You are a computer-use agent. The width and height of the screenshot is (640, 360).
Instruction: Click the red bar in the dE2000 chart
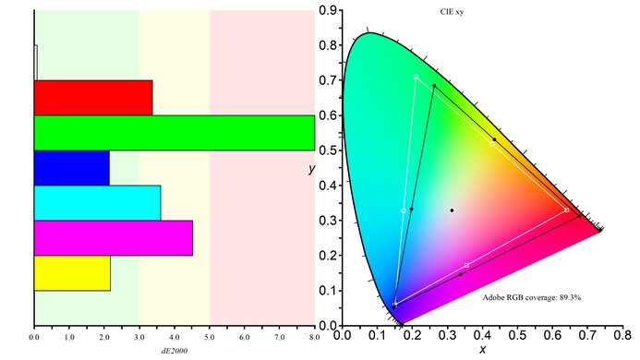92,98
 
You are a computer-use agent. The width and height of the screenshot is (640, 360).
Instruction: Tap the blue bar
71,167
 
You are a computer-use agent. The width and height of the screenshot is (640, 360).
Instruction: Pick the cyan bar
97,203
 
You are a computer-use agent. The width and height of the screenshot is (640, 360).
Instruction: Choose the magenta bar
113,237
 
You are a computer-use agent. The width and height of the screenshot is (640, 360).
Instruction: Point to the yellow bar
72,273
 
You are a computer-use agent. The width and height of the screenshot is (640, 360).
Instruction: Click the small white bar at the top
35,63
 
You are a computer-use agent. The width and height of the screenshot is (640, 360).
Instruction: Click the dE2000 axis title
175,352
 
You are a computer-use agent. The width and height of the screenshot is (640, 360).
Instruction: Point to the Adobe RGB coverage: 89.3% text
531,298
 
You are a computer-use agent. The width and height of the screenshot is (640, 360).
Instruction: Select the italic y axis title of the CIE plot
313,170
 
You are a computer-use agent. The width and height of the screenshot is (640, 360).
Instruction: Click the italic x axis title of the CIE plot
482,350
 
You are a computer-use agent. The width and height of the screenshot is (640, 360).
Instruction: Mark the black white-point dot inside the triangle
452,210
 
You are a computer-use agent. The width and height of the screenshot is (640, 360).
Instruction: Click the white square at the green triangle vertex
417,77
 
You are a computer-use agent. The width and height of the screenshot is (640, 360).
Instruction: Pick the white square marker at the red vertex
566,210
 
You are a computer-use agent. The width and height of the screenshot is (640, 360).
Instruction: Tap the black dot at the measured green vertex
434,86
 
